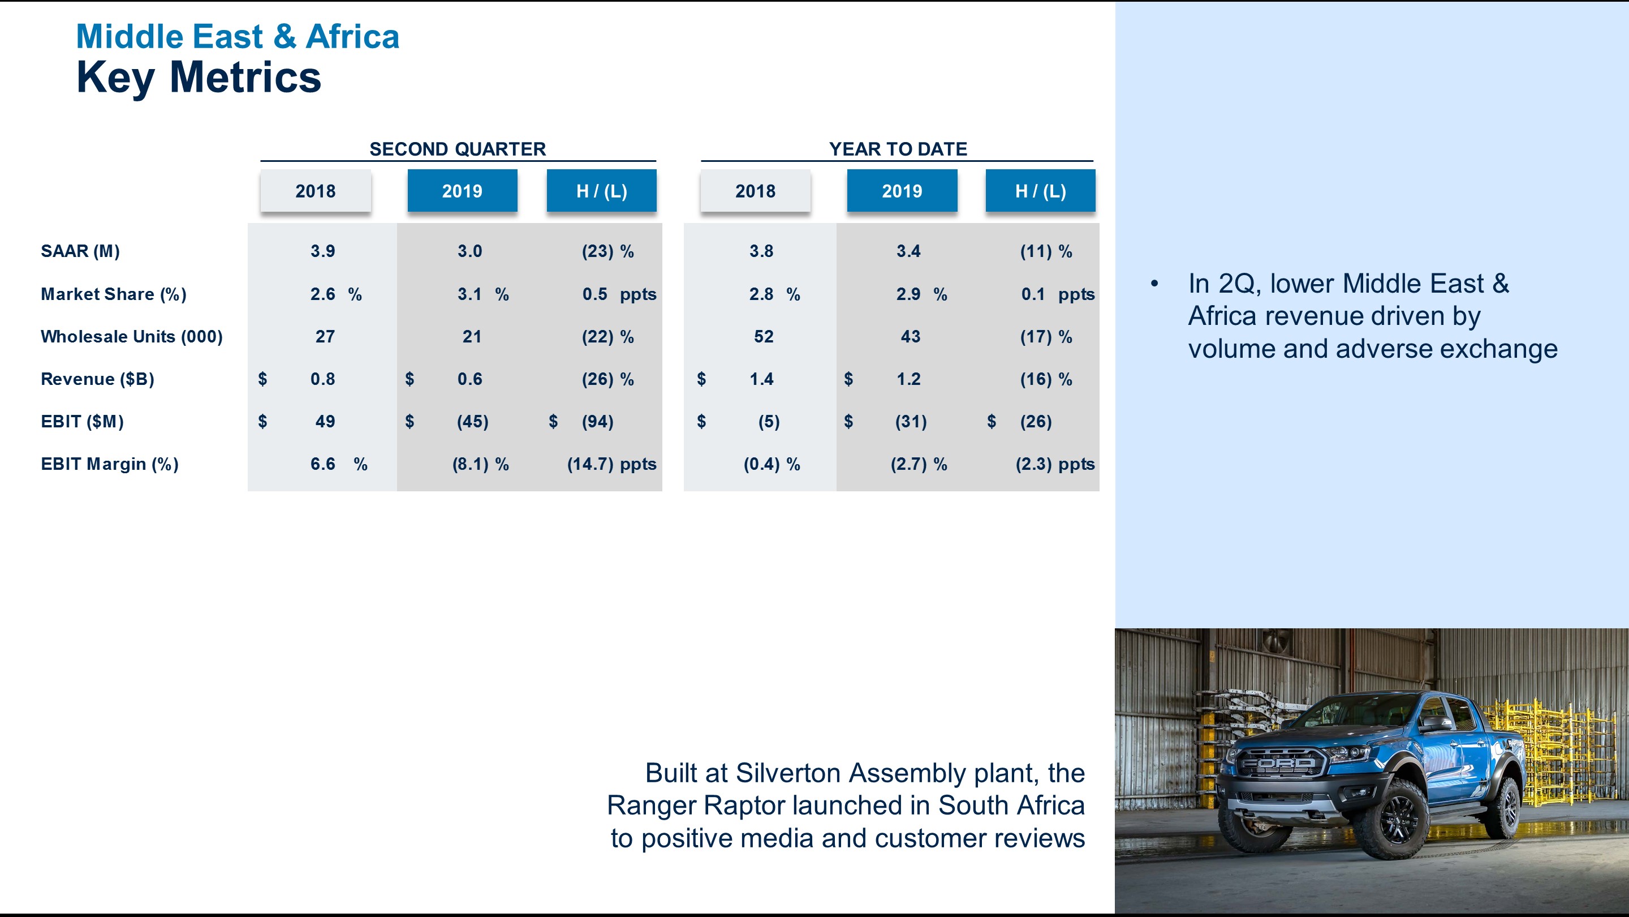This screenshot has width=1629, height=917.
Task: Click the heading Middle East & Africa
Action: [237, 37]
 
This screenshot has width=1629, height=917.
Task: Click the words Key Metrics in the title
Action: [199, 77]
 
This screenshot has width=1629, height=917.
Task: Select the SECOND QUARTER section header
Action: [457, 149]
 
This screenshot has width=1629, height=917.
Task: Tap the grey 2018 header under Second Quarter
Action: [316, 191]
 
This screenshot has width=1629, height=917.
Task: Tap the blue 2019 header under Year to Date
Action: [902, 191]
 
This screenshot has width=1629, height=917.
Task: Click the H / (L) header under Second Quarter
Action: [601, 191]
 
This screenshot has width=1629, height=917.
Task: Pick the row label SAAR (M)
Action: [80, 251]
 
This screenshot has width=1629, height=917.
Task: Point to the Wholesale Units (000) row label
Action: [132, 337]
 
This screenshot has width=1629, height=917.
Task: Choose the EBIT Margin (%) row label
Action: [109, 464]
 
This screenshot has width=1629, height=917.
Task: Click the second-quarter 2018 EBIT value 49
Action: [325, 422]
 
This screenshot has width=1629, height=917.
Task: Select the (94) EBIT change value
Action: [598, 422]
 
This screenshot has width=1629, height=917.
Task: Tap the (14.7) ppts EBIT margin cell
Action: [611, 464]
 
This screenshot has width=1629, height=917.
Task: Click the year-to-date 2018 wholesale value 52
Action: [763, 337]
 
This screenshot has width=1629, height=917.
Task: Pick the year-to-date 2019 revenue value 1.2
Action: [909, 379]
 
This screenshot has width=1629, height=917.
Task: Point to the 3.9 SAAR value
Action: [322, 251]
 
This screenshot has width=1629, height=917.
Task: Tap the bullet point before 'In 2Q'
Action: [1154, 284]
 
